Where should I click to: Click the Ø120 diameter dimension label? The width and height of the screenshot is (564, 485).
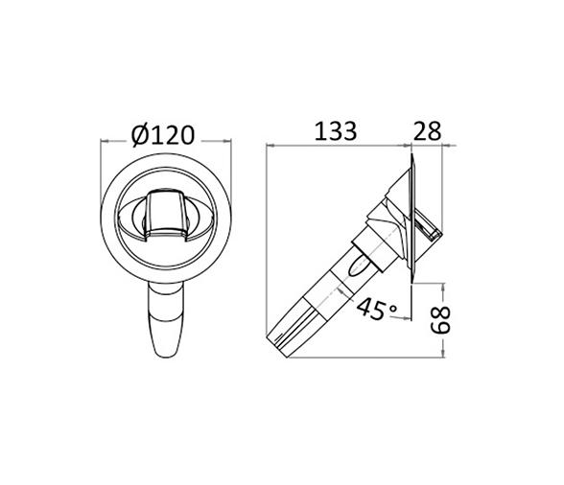pos(163,135)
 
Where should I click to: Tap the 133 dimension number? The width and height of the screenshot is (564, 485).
pos(336,131)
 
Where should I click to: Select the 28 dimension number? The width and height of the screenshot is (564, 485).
pos(427,131)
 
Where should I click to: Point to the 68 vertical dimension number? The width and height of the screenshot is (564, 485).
pos(440,320)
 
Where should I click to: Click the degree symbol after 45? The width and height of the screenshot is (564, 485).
pos(393,308)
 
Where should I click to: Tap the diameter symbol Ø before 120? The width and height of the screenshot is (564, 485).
pos(140,136)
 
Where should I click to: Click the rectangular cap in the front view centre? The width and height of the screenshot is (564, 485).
pos(166,216)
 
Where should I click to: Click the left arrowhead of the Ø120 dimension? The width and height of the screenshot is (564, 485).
pos(104,141)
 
